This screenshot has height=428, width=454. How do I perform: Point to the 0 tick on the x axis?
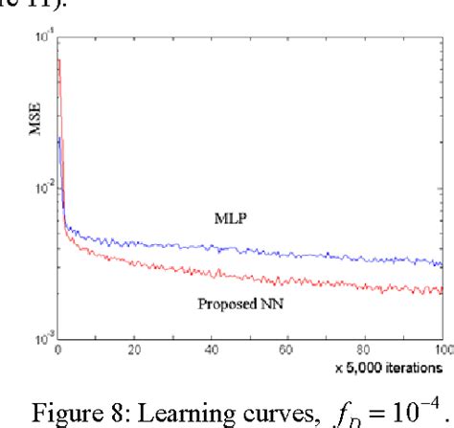click(x=58, y=349)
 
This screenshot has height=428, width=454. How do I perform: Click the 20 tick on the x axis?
click(x=135, y=349)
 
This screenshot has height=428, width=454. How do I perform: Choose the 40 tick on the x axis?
click(x=212, y=349)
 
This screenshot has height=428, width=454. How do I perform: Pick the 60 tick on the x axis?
click(x=288, y=349)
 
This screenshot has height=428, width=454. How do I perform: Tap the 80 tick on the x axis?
click(x=365, y=349)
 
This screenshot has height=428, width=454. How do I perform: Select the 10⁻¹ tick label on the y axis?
click(x=42, y=38)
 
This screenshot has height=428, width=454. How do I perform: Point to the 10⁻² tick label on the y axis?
click(x=42, y=189)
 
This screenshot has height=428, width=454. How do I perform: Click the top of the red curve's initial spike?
click(x=59, y=60)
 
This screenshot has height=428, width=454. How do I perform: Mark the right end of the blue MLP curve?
click(x=442, y=265)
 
